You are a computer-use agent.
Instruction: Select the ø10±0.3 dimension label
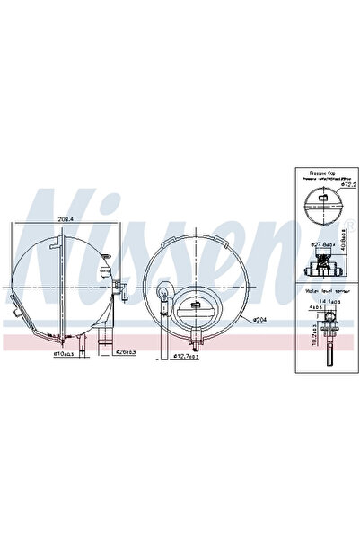click(x=66, y=353)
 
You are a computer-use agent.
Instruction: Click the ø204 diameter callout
click(x=260, y=319)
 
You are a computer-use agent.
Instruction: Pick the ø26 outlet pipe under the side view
click(x=104, y=341)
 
